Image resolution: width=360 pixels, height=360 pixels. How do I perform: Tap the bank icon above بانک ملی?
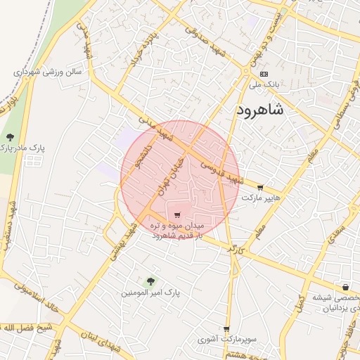point(264,73)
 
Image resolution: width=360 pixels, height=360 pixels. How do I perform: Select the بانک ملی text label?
point(264,84)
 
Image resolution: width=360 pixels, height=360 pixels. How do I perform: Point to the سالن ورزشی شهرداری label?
point(48,72)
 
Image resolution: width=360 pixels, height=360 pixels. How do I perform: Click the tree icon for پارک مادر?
point(9,136)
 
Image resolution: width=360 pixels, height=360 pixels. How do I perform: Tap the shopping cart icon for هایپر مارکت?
point(261,188)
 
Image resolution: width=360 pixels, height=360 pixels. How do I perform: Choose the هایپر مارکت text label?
point(261,199)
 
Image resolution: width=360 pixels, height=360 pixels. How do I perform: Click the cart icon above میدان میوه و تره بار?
point(176,214)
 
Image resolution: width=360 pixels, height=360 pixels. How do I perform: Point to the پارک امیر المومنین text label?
point(150,291)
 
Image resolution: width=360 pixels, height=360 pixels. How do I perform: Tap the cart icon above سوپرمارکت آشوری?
point(226,329)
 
